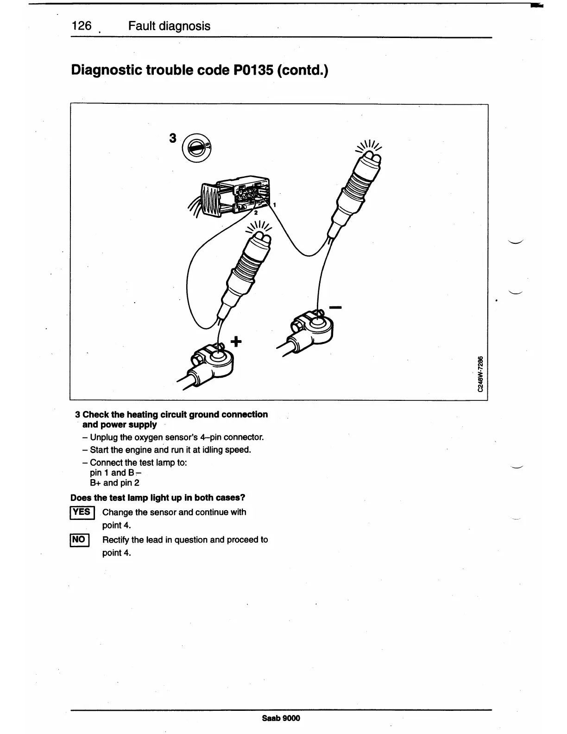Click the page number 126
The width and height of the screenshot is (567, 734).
pyautogui.click(x=82, y=25)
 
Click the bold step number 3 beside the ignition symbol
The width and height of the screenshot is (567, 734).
pyautogui.click(x=173, y=138)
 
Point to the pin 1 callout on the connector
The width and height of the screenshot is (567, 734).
pyautogui.click(x=275, y=204)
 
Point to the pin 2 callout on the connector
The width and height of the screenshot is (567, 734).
pyautogui.click(x=255, y=213)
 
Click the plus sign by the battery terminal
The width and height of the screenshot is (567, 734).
pyautogui.click(x=236, y=342)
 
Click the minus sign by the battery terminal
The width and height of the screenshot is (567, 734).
pyautogui.click(x=335, y=307)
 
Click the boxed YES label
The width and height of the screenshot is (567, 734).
pyautogui.click(x=82, y=512)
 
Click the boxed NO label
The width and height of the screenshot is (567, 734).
pyautogui.click(x=79, y=539)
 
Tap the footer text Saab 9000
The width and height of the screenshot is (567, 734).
pyautogui.click(x=281, y=718)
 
